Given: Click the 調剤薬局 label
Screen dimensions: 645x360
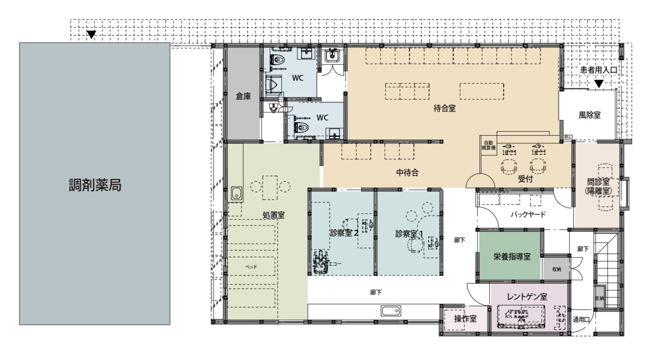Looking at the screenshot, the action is click(x=95, y=185).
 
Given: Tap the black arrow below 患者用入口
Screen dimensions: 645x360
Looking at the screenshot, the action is click(x=599, y=84).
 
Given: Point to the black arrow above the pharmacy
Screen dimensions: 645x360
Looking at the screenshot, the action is click(x=91, y=34).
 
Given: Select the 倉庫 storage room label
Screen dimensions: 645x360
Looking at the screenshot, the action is click(x=243, y=96).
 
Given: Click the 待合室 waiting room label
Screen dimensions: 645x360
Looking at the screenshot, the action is click(x=445, y=109).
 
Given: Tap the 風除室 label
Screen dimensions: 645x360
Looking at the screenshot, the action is click(x=589, y=115).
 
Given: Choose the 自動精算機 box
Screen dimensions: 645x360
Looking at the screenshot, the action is click(x=489, y=146).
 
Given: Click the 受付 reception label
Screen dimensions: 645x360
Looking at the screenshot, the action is click(x=525, y=179).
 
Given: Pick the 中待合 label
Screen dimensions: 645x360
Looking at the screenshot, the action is click(x=408, y=173).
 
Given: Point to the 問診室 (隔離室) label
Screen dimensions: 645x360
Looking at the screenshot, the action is click(x=598, y=187).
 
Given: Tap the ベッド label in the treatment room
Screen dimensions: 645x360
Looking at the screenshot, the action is click(x=251, y=267).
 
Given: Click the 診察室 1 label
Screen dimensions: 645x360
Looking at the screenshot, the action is click(x=409, y=234).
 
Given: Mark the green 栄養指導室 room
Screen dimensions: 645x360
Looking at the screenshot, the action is click(x=509, y=256).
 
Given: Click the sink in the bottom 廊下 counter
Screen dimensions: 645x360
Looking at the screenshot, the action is click(x=391, y=311).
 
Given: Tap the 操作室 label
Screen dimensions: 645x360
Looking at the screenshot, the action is click(x=465, y=318).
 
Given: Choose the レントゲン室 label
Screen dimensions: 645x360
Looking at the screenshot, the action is click(x=527, y=297).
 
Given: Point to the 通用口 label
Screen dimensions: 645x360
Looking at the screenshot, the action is click(x=581, y=320).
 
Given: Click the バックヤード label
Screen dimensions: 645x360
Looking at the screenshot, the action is click(x=528, y=214).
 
